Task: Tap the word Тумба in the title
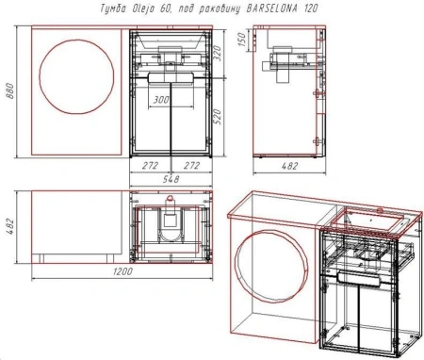pyautogui.click(x=112, y=10)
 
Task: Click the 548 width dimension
pyautogui.click(x=170, y=175)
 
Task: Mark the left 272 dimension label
pyautogui.click(x=148, y=165)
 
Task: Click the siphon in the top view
pyautogui.click(x=170, y=224)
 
